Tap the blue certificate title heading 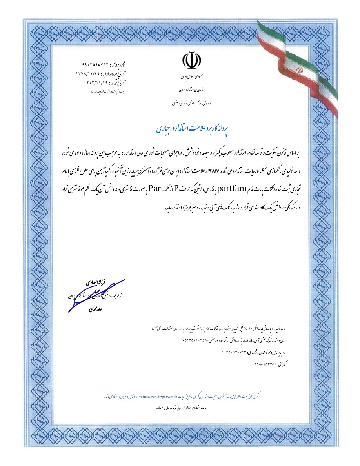tap(192, 128)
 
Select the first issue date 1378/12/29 tap(88, 73)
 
